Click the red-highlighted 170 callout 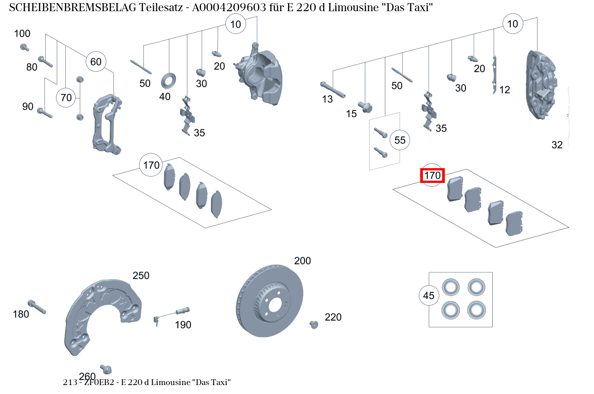click(x=432, y=176)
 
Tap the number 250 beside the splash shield click(x=141, y=276)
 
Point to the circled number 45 click(x=429, y=296)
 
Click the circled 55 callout click(x=400, y=140)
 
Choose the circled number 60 click(x=96, y=62)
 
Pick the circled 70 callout click(x=66, y=97)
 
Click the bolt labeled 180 click(x=36, y=307)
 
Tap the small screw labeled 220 click(x=314, y=324)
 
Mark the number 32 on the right click(x=557, y=145)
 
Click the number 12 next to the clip click(x=504, y=90)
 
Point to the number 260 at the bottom click(x=87, y=376)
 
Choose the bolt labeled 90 click(x=45, y=113)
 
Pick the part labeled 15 click(x=366, y=107)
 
